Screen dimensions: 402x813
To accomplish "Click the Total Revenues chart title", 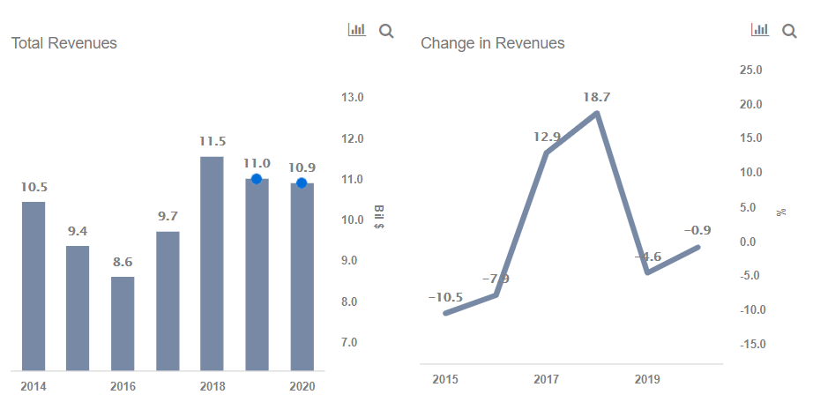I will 63,42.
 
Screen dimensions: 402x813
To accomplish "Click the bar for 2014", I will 34,286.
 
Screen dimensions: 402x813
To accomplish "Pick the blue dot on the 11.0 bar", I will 257,179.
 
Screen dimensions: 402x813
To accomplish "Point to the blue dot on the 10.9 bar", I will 302,183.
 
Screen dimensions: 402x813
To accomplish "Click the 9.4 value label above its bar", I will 78,231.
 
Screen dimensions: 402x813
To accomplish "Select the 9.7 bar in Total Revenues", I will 168,300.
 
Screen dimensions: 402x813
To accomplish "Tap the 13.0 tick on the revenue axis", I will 353,97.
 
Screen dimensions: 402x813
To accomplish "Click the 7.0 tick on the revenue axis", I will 353,342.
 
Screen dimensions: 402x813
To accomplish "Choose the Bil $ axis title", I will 379,218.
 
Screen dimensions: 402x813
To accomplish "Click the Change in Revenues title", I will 492,42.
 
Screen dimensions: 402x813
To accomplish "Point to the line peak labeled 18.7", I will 598,113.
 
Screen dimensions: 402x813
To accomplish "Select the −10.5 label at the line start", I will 445,297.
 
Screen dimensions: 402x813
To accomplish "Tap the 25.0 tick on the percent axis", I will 751,70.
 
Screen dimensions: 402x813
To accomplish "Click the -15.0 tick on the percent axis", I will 750,344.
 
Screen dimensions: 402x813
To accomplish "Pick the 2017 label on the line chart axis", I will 547,379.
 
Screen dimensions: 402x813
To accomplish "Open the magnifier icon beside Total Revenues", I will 386,31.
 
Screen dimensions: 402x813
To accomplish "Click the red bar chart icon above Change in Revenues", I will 759,30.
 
